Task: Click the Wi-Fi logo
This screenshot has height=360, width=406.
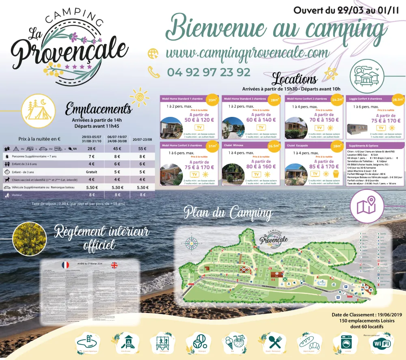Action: tap(381, 343)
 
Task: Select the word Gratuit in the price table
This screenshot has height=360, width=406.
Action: tap(92, 171)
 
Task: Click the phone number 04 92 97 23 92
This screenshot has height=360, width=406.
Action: tap(209, 72)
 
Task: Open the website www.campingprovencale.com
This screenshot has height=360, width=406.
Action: tap(247, 53)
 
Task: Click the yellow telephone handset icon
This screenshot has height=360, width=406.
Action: tap(154, 72)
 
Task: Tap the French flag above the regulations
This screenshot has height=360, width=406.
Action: tap(65, 265)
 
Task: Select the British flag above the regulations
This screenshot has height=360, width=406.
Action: tap(114, 265)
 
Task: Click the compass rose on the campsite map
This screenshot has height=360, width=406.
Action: tap(191, 242)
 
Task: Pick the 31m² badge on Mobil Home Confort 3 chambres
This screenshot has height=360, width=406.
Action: tap(212, 146)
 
